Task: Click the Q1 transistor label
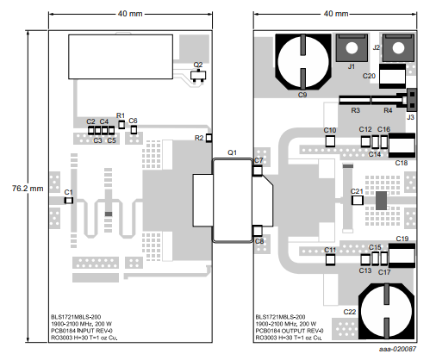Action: pos(232,152)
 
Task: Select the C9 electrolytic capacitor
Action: pos(303,62)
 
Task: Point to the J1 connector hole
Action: pos(352,48)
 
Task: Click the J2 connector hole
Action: pos(398,48)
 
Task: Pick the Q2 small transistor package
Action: pos(198,76)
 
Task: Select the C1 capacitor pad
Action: pos(68,200)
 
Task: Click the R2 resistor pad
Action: pos(209,138)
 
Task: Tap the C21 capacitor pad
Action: pos(358,200)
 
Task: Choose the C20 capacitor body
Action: pos(392,76)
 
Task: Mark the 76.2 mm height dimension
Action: pos(28,189)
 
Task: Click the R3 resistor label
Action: pos(355,110)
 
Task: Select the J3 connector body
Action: pos(412,100)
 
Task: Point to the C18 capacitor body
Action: pos(402,146)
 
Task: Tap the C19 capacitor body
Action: pos(402,256)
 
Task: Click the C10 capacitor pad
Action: pos(330,141)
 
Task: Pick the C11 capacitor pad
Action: pos(330,260)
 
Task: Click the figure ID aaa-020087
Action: pos(397,349)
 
